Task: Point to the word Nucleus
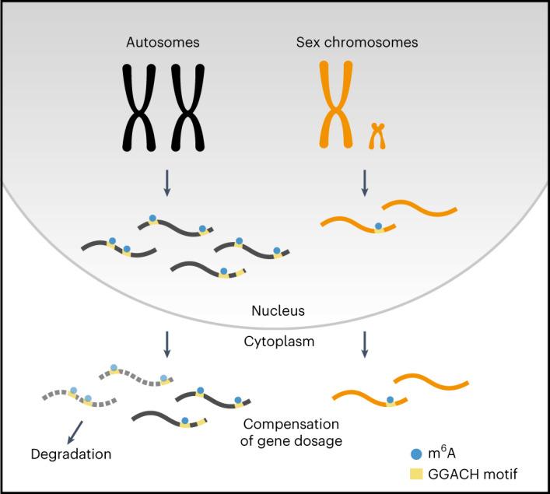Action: [x=278, y=310]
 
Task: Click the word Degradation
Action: [x=72, y=453]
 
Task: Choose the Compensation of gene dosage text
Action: [x=291, y=433]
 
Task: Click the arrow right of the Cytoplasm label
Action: [x=365, y=344]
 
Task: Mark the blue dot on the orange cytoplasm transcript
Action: [x=390, y=401]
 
